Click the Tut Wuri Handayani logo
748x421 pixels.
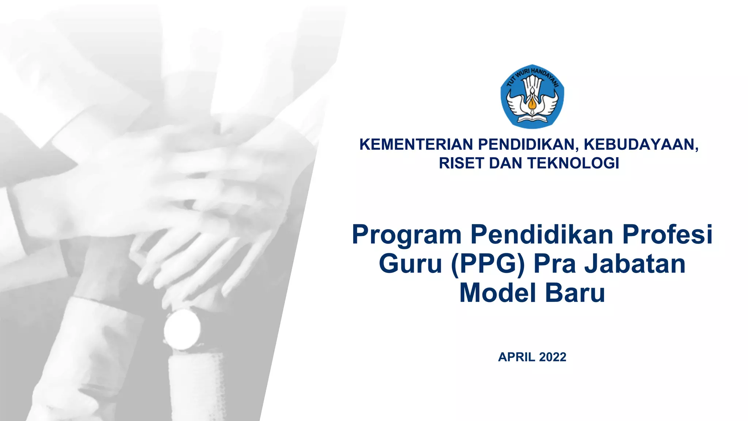pyautogui.click(x=532, y=96)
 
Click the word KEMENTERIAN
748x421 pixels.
pyautogui.click(x=416, y=145)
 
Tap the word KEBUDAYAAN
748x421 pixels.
pyautogui.click(x=641, y=145)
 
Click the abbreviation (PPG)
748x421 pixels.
pyautogui.click(x=488, y=265)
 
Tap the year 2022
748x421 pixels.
pyautogui.click(x=553, y=357)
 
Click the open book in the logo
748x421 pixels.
pyautogui.click(x=532, y=119)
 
